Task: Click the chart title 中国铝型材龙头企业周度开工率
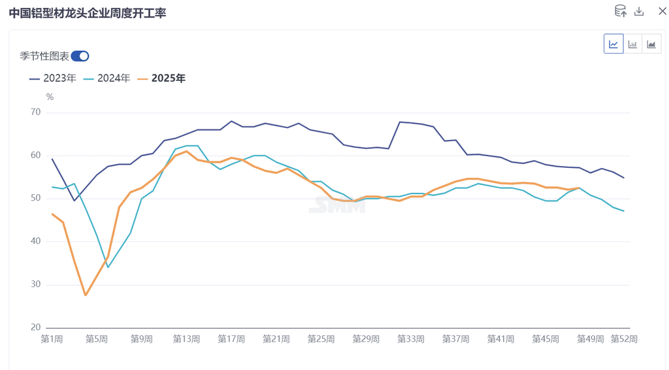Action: click(88, 12)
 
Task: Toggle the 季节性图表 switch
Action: click(80, 56)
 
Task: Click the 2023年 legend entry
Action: click(53, 78)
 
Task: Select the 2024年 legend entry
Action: click(107, 78)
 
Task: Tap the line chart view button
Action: click(613, 44)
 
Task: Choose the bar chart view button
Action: click(632, 44)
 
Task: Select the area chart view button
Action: click(651, 44)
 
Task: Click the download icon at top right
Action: click(640, 12)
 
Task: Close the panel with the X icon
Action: click(662, 12)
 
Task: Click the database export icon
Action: click(620, 11)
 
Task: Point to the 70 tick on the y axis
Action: click(35, 112)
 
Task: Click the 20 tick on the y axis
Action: click(35, 328)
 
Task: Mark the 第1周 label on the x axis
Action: click(52, 339)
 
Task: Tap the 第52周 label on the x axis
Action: click(624, 339)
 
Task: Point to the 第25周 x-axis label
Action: click(321, 339)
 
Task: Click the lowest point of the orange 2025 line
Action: click(86, 295)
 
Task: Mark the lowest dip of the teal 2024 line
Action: click(108, 267)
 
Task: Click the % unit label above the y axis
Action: click(50, 97)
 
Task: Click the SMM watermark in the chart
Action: click(337, 205)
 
